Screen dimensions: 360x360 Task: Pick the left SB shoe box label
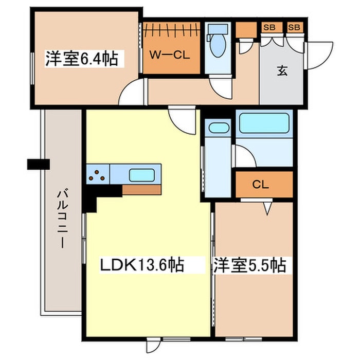coord(268,27)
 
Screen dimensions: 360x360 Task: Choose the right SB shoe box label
coord(295,27)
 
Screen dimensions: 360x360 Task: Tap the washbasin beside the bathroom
coord(218,128)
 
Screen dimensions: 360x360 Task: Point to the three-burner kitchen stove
coord(98,175)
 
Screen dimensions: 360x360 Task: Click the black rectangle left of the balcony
coord(39,165)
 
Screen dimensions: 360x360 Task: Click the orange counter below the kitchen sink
coord(141,190)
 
